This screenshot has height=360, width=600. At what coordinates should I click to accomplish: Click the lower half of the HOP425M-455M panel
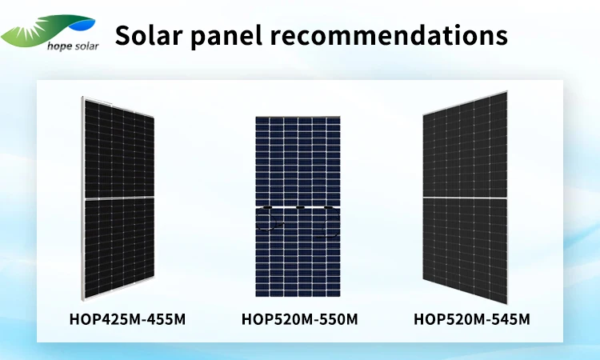coord(118,248)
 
